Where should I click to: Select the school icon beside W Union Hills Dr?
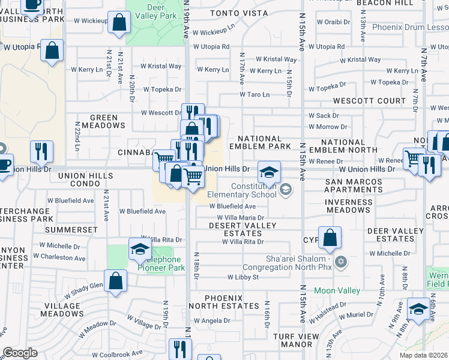pyautogui.click(x=270, y=172)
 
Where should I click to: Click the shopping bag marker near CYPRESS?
pyautogui.click(x=330, y=238)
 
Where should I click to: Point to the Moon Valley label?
pyautogui.click(x=337, y=291)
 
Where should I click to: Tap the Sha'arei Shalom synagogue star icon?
pyautogui.click(x=341, y=261)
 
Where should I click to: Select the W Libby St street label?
pyautogui.click(x=243, y=277)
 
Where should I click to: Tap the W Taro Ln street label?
pyautogui.click(x=255, y=94)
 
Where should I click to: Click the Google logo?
pyautogui.click(x=20, y=352)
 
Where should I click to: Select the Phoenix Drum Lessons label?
pyautogui.click(x=410, y=27)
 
